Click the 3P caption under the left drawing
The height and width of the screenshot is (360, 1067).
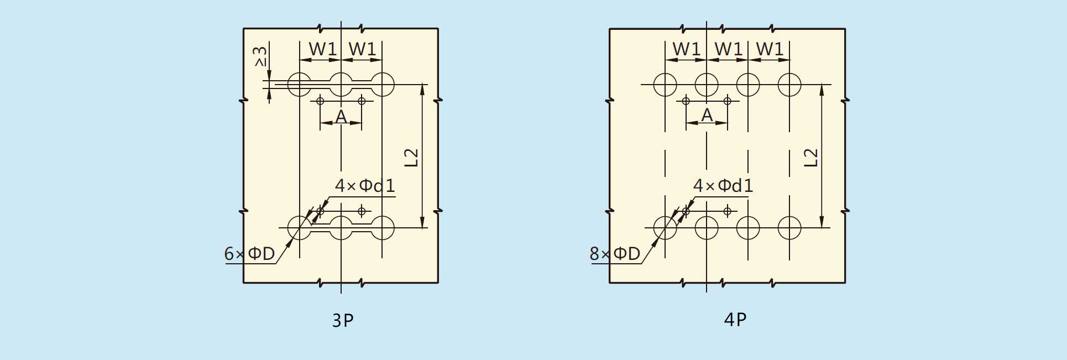click(343, 320)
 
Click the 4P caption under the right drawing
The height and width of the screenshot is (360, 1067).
click(735, 320)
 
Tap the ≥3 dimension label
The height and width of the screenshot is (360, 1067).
click(260, 56)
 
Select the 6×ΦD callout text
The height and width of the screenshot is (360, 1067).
click(249, 254)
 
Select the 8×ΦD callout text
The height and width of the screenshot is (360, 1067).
click(615, 254)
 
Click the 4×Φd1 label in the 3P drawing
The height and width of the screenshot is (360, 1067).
click(365, 186)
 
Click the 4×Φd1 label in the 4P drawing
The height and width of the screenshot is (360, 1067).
click(723, 186)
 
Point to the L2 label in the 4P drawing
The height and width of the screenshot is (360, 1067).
click(810, 158)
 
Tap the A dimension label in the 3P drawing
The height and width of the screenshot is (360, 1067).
click(341, 117)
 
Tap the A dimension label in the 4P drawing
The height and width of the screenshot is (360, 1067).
click(707, 115)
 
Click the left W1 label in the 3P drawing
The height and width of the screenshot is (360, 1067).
click(323, 49)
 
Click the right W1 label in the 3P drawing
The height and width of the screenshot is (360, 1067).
click(363, 49)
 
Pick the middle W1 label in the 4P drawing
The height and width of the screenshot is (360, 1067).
click(729, 49)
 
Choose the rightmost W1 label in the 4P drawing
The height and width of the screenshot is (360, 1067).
click(770, 49)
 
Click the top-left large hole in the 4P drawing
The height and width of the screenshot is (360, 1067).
click(665, 73)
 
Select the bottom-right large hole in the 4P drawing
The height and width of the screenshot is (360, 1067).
click(789, 216)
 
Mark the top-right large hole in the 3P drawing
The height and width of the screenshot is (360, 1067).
click(383, 73)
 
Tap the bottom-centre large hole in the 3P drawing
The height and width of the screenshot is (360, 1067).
click(341, 216)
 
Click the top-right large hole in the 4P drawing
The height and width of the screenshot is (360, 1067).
click(789, 73)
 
